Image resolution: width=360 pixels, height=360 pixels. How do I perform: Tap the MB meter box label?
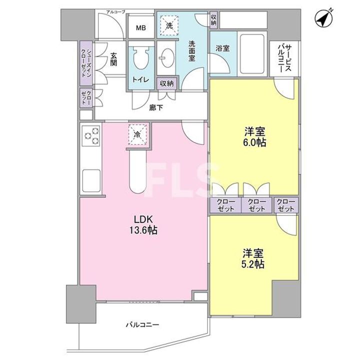tap(140, 28)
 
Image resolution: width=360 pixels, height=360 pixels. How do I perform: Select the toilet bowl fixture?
tap(140, 58)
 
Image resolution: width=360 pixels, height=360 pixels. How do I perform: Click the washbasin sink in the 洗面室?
tap(167, 58)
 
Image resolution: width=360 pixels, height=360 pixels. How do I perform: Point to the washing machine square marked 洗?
tap(169, 25)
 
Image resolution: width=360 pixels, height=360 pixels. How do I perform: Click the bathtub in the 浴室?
tap(252, 53)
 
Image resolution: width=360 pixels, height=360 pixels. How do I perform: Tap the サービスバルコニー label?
tap(285, 58)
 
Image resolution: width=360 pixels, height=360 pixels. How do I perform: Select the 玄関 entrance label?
tap(113, 59)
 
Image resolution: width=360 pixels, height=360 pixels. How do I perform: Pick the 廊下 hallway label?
tap(156, 107)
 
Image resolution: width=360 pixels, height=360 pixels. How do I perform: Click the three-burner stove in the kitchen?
tap(91, 136)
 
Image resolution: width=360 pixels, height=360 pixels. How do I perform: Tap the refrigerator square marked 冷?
tap(137, 134)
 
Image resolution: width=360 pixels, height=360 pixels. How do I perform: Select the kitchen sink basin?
tap(91, 180)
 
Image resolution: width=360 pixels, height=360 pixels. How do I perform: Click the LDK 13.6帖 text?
tap(143, 224)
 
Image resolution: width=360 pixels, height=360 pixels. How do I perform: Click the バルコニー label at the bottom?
tap(142, 324)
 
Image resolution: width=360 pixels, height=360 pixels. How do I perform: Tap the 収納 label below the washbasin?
tap(167, 83)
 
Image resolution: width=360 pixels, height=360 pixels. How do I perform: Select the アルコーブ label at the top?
tap(116, 12)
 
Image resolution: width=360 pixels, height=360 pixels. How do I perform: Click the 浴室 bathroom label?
tap(222, 48)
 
